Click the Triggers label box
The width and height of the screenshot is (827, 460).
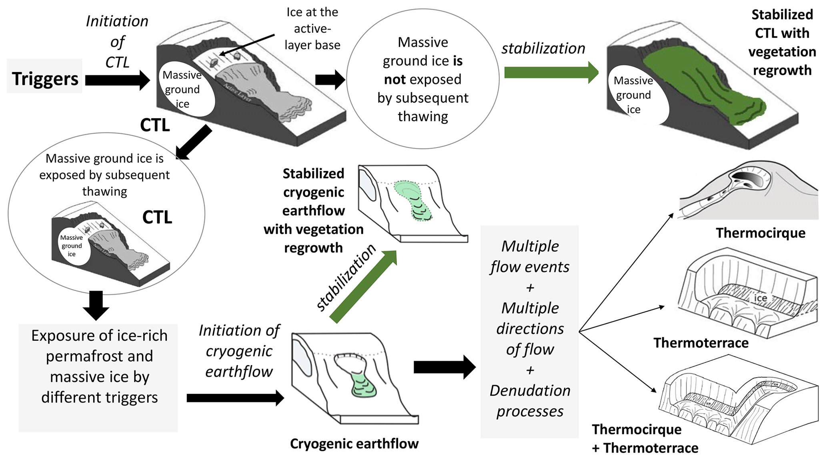44,78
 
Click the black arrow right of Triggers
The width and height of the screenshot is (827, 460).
116,80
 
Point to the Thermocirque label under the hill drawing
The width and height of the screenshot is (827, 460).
760,233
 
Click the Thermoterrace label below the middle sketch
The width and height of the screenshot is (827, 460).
701,343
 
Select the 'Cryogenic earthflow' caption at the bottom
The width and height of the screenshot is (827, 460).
354,444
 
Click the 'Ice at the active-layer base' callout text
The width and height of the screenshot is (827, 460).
312,29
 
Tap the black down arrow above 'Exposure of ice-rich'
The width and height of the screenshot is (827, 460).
96,305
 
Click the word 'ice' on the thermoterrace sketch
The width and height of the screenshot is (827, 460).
760,298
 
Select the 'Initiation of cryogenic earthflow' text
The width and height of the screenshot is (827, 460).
239,351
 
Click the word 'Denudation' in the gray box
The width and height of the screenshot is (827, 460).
530,391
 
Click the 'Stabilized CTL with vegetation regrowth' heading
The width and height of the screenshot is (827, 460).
782,42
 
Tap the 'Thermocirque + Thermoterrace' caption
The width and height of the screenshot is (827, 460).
645,438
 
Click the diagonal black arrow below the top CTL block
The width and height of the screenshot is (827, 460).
194,143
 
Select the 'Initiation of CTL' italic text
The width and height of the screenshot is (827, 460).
117,42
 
